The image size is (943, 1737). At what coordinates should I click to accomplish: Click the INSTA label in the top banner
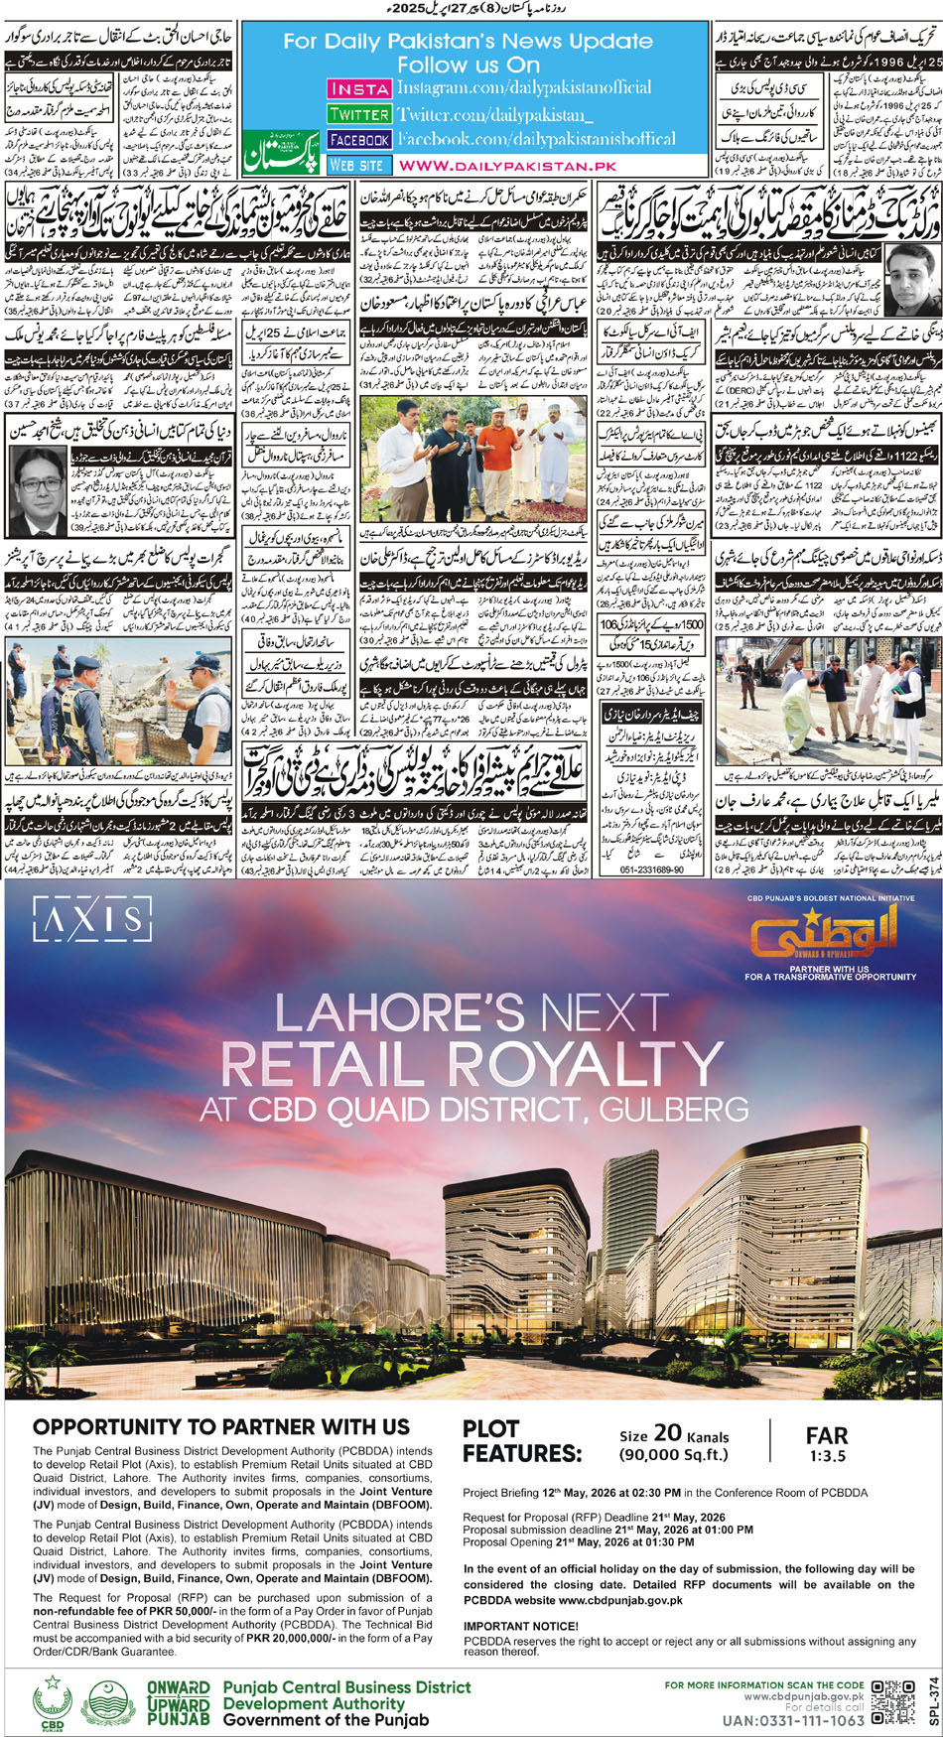click(x=358, y=88)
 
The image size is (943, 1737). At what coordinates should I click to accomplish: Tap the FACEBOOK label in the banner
click(x=358, y=140)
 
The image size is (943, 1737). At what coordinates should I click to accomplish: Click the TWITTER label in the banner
click(x=358, y=114)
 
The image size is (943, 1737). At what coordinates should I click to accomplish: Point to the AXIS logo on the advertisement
click(x=91, y=920)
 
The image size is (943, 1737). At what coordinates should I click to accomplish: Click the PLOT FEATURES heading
click(x=521, y=1441)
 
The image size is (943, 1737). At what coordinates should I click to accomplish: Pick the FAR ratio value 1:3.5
click(x=827, y=1456)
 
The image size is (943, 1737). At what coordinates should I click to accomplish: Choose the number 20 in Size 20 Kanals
click(x=668, y=1432)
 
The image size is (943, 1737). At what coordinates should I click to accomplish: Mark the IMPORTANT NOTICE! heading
click(x=520, y=1626)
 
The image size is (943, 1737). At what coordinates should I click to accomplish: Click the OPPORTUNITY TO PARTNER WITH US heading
click(x=220, y=1427)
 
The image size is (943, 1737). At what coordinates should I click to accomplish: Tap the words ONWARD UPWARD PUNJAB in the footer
click(x=179, y=1703)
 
